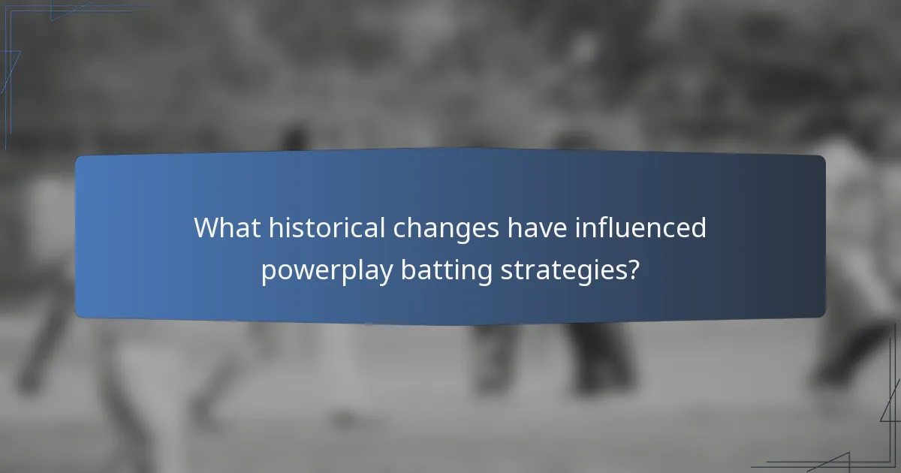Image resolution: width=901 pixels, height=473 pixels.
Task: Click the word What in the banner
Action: tap(225, 227)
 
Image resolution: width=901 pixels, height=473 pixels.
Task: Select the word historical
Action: tap(324, 227)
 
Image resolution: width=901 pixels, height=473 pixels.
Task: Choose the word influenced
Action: tap(640, 227)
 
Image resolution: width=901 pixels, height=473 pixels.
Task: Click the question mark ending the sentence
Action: tap(633, 269)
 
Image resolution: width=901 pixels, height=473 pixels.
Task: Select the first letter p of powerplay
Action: tap(268, 273)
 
